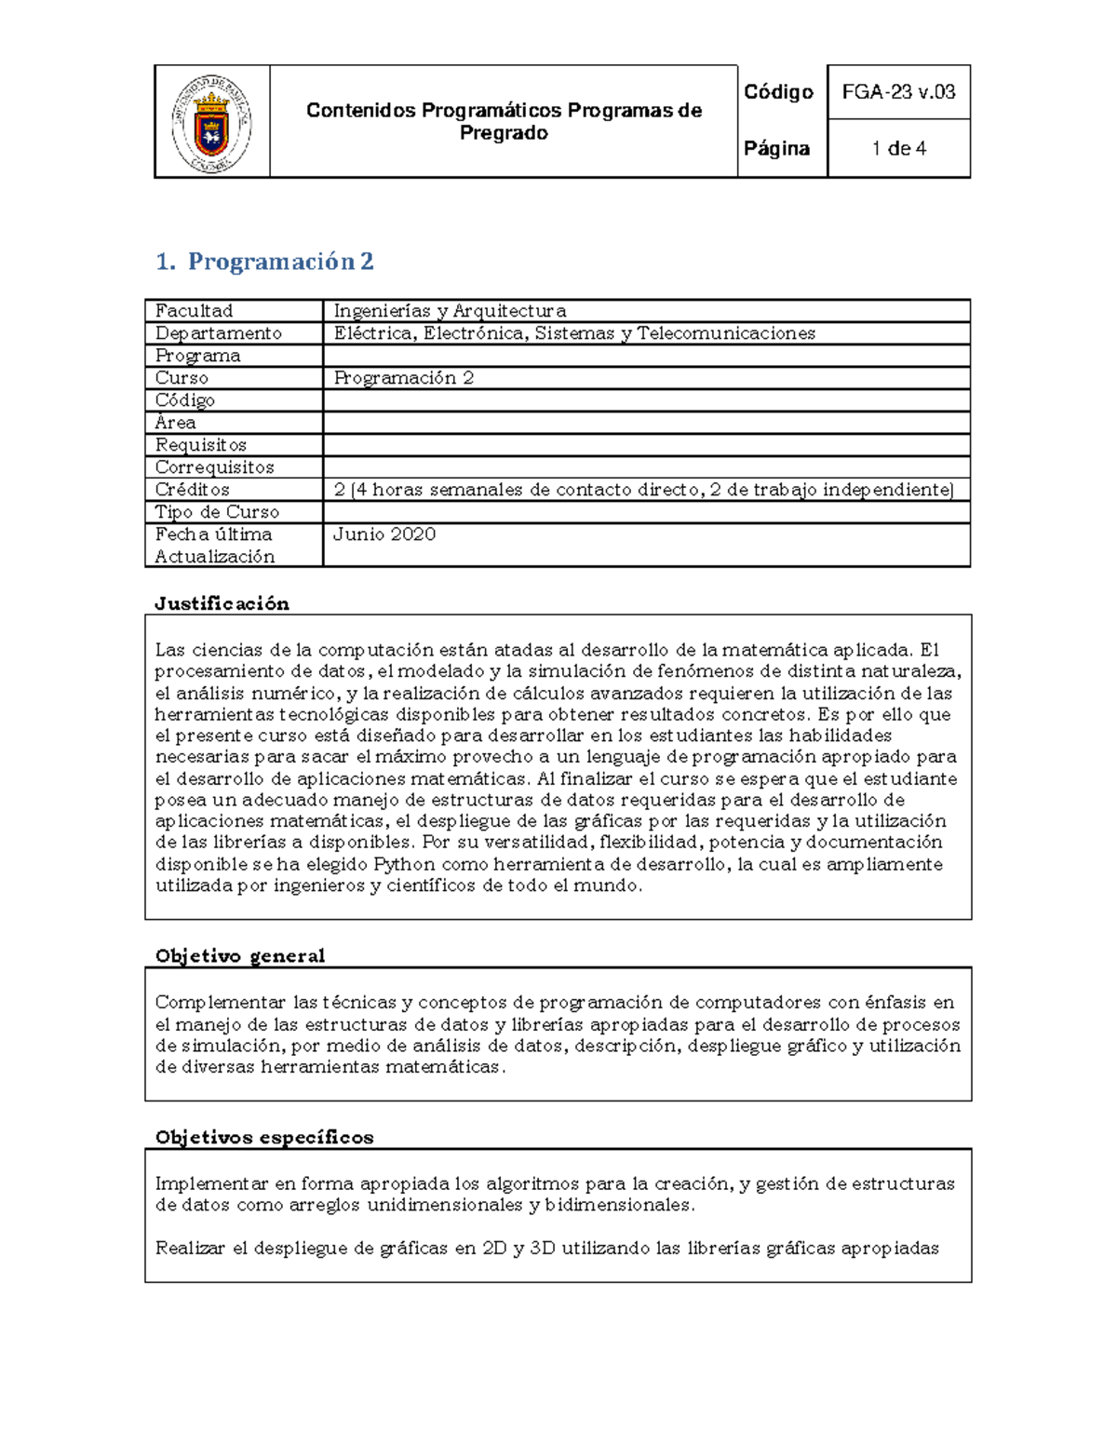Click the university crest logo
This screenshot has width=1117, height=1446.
[x=211, y=123]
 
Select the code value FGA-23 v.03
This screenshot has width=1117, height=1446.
[x=898, y=91]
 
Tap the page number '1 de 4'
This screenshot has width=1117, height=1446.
[x=898, y=148]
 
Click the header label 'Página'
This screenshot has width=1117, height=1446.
[x=776, y=148]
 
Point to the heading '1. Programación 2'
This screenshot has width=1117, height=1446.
[x=265, y=262]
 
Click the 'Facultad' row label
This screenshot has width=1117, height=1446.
[x=194, y=311]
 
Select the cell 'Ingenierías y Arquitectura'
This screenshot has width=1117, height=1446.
[x=450, y=311]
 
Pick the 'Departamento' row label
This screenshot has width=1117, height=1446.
[x=218, y=333]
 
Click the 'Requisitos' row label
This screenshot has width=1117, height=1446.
[x=200, y=445]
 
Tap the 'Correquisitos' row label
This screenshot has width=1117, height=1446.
[x=214, y=467]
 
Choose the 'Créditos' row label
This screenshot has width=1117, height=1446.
[x=192, y=490]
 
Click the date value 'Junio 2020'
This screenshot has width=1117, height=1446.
[x=384, y=534]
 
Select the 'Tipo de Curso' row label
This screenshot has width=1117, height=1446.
[x=217, y=512]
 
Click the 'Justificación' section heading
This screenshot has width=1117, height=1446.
[x=222, y=603]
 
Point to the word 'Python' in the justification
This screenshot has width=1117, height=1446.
[x=404, y=864]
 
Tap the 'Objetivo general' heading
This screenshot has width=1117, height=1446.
[x=239, y=955]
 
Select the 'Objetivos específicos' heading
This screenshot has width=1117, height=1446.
[x=263, y=1137]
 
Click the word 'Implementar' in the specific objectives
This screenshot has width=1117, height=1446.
[x=211, y=1184]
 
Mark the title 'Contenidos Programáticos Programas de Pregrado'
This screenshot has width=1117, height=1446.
[x=504, y=122]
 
